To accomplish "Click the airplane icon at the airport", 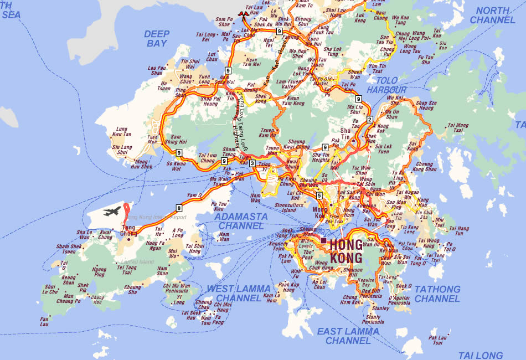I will pyautogui.click(x=112, y=211).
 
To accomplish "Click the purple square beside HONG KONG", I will pyautogui.click(x=323, y=240).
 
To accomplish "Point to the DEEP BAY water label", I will pyautogui.click(x=157, y=38).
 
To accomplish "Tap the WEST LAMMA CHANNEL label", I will pyautogui.click(x=239, y=293).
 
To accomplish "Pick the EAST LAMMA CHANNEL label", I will pyautogui.click(x=348, y=336).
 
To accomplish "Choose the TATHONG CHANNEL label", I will pyautogui.click(x=437, y=294).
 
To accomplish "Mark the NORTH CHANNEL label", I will pyautogui.click(x=493, y=15).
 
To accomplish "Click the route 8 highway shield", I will pyautogui.click(x=179, y=208).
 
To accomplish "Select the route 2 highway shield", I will pyautogui.click(x=370, y=120).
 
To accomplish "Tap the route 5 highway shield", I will pyautogui.click(x=319, y=196).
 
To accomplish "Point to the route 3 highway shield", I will pyautogui.click(x=252, y=163).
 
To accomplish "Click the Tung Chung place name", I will pyautogui.click(x=129, y=230).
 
